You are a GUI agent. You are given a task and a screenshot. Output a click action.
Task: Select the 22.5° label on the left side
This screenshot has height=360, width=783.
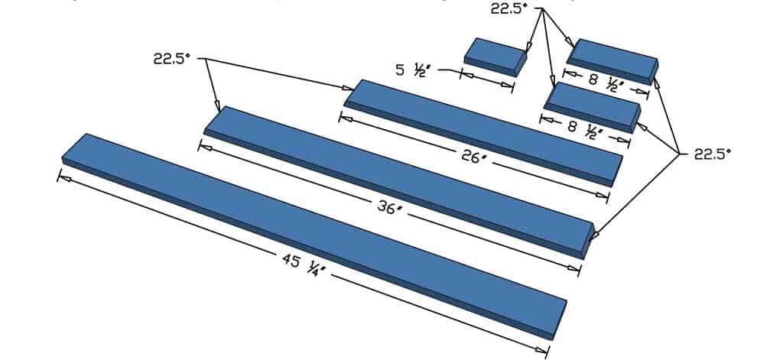[171, 60]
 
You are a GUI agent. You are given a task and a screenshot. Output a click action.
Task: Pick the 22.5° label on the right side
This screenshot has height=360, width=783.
[712, 154]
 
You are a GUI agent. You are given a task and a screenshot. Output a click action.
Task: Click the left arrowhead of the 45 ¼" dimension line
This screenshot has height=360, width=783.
[63, 177]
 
